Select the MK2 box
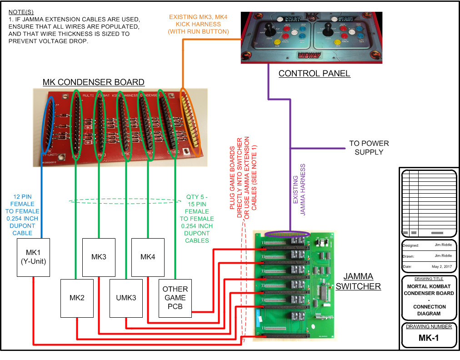tap(77, 298)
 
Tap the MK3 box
tap(99, 257)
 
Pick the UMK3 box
tap(126, 298)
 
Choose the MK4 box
tap(148, 257)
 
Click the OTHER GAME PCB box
tap(175, 298)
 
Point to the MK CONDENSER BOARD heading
tap(93, 82)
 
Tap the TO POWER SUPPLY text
tap(369, 147)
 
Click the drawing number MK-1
tap(429, 338)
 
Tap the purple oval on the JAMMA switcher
tap(287, 234)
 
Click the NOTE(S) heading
tap(21, 11)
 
